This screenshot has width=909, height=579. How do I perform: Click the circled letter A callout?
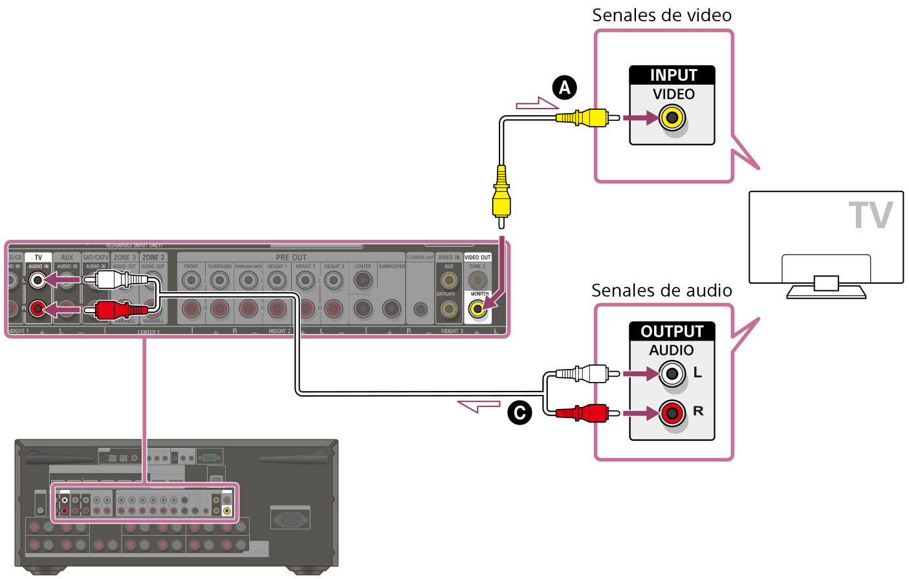[564, 87]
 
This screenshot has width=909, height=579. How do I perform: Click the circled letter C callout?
[519, 413]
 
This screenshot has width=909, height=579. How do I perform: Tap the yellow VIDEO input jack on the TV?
[673, 118]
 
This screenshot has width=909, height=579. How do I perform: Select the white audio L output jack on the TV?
[673, 374]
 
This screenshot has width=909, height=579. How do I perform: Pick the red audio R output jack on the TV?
[673, 412]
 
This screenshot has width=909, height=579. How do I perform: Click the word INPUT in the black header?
[673, 75]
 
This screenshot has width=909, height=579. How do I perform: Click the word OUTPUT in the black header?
[672, 332]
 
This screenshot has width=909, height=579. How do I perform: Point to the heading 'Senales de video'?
[662, 16]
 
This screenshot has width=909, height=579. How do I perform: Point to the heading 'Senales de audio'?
[661, 291]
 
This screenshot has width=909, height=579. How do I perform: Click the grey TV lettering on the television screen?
[870, 216]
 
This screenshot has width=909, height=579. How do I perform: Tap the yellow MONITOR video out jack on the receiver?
[477, 310]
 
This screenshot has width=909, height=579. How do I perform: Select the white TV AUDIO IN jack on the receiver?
[38, 280]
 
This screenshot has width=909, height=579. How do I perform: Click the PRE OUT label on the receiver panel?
[291, 257]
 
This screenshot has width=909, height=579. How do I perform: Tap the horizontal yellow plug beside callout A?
[582, 118]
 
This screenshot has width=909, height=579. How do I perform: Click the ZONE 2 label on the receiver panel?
[153, 257]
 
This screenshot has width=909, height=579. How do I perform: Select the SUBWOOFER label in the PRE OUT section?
[391, 266]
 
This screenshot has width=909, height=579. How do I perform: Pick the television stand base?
[826, 291]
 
